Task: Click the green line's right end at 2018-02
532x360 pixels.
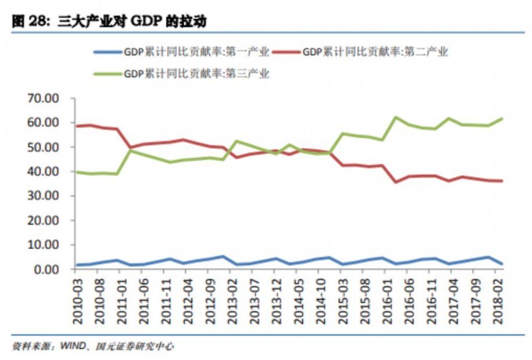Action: [x=502, y=119]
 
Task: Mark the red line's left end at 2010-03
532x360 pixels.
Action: [x=76, y=126]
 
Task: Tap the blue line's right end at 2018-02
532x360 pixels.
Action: [x=502, y=264]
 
